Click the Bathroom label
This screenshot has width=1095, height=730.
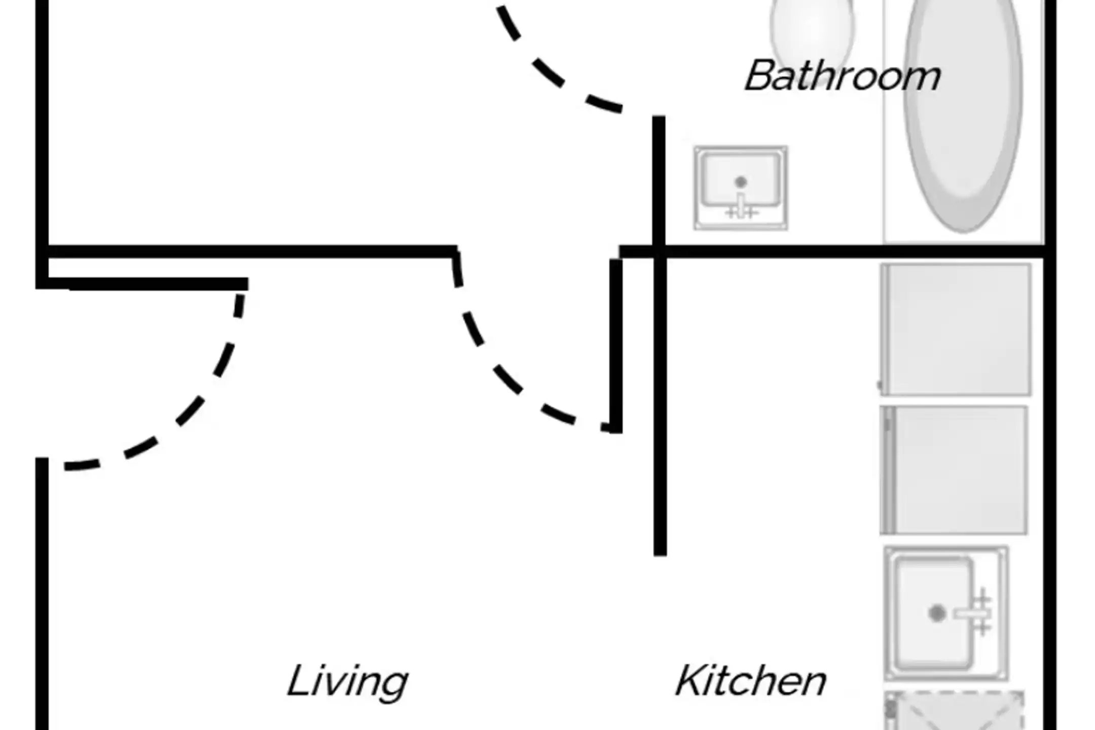pyautogui.click(x=843, y=76)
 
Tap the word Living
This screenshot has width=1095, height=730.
pyautogui.click(x=348, y=681)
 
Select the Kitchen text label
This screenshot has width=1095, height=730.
pyautogui.click(x=751, y=681)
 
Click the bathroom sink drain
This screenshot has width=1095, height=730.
pyautogui.click(x=741, y=181)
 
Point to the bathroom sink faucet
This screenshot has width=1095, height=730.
pyautogui.click(x=741, y=208)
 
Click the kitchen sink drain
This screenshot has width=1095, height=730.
pyautogui.click(x=937, y=613)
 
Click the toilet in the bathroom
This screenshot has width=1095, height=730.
pyautogui.click(x=812, y=30)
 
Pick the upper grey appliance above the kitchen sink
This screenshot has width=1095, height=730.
pyautogui.click(x=956, y=330)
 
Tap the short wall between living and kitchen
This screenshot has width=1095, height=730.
pyautogui.click(x=660, y=406)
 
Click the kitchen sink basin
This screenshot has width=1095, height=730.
pyautogui.click(x=933, y=613)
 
